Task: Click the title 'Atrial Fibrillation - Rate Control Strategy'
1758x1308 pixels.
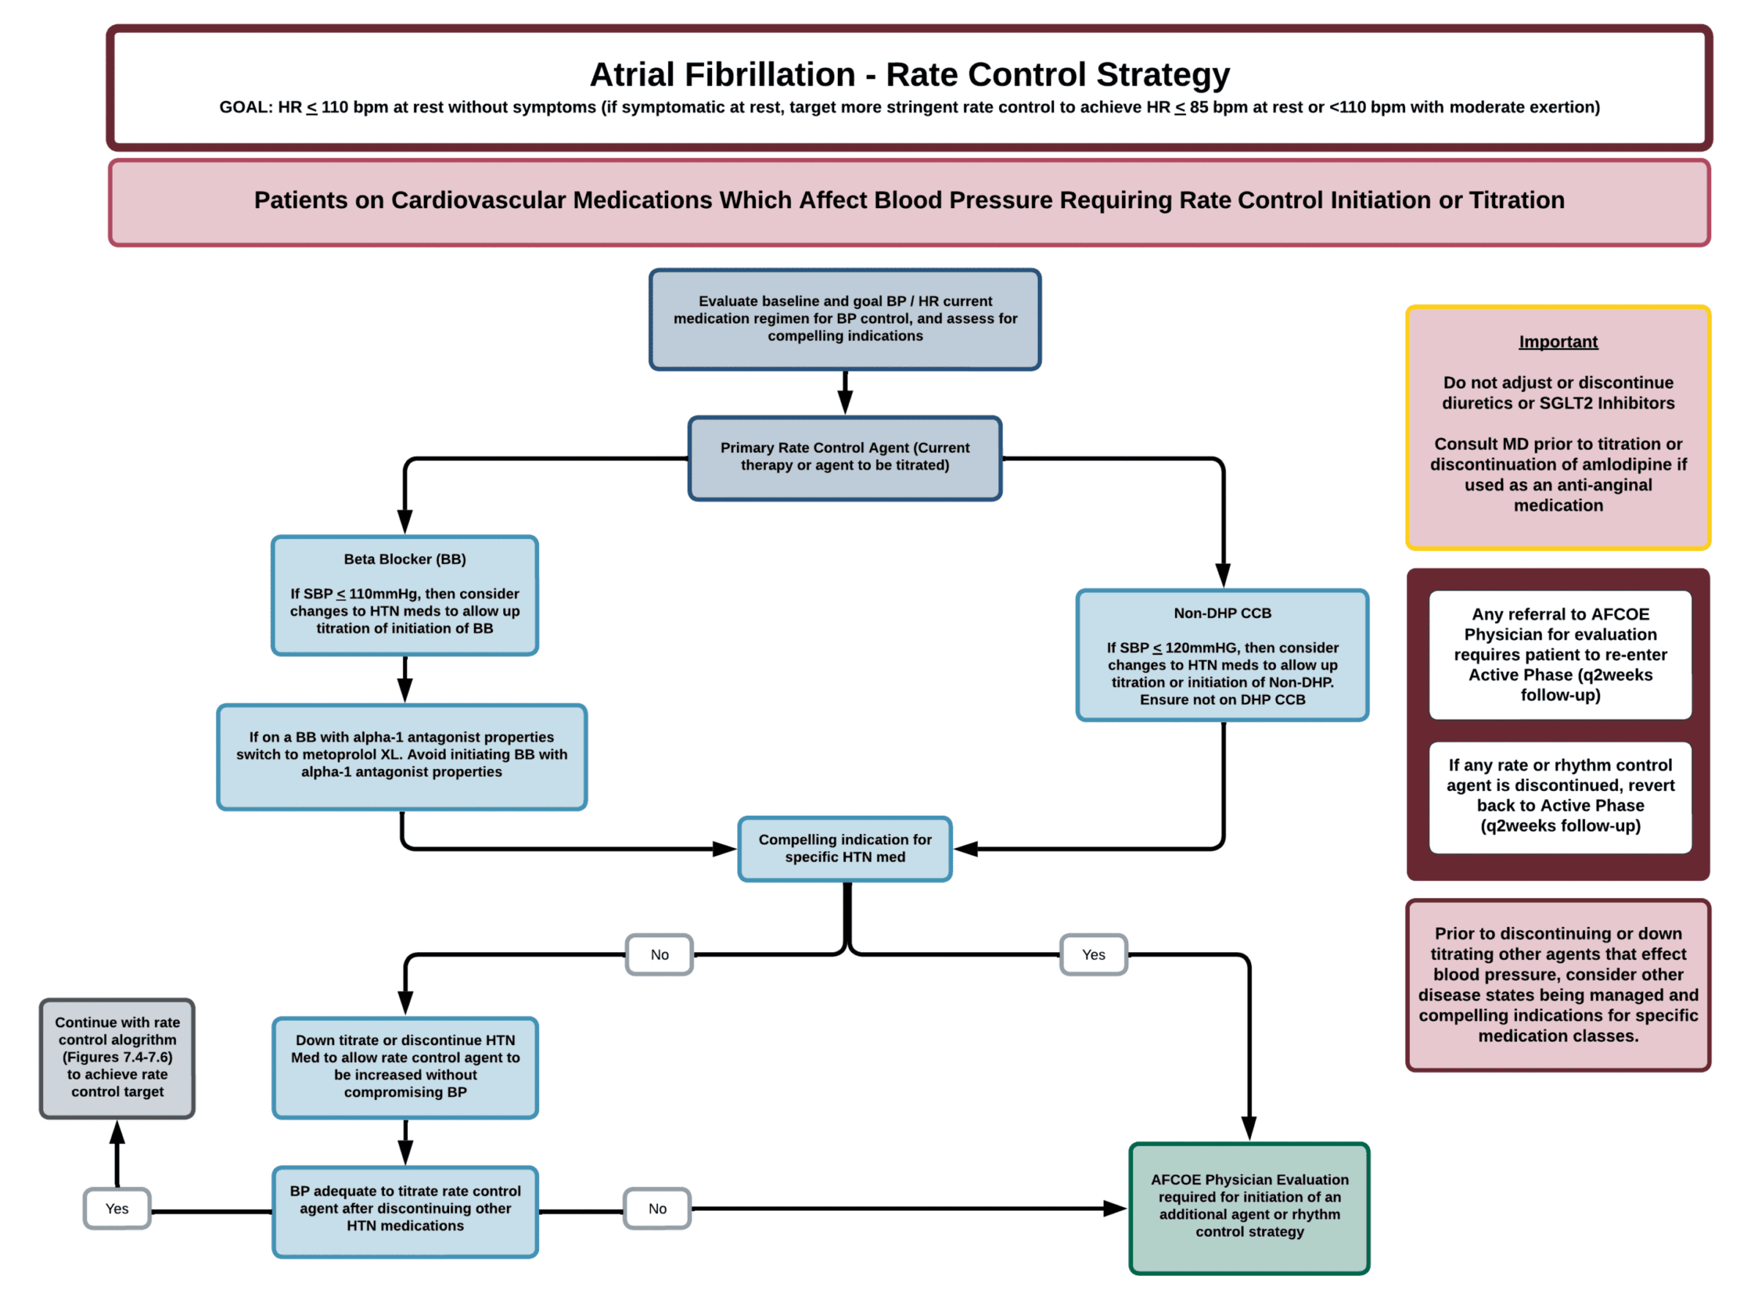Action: tap(909, 75)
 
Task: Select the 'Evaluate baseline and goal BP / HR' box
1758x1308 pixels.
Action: tap(845, 319)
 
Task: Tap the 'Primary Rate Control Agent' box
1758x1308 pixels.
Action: tap(845, 458)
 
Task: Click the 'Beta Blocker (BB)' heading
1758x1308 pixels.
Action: tap(404, 559)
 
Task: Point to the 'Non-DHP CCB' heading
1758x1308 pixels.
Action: tap(1223, 613)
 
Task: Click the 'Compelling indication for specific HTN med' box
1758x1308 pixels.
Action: tap(845, 849)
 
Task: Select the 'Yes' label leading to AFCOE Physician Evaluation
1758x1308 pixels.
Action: tap(1094, 955)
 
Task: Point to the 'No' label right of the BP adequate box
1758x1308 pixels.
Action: tap(657, 1208)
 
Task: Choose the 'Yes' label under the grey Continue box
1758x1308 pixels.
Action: tap(117, 1208)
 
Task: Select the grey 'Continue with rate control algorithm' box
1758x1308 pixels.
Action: tap(117, 1058)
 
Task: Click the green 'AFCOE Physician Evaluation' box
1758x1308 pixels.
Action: tap(1250, 1208)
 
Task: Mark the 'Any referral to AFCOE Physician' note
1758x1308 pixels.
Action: tap(1560, 655)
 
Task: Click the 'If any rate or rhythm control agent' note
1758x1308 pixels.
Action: tap(1560, 797)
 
